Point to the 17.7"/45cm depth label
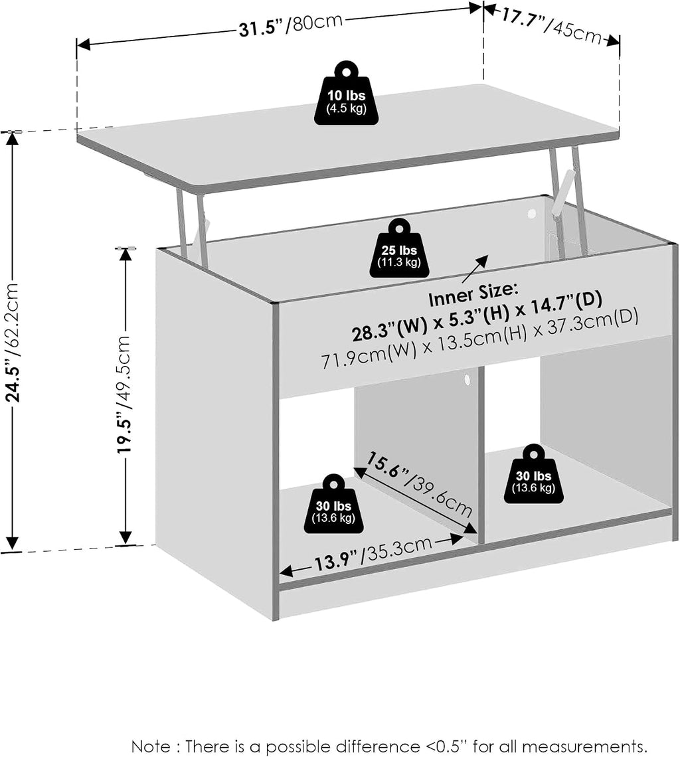click(x=551, y=27)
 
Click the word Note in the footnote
click(x=151, y=746)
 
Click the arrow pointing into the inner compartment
click(x=475, y=269)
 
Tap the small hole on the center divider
click(x=467, y=379)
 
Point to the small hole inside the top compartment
click(x=532, y=214)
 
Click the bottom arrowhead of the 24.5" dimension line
click(x=12, y=543)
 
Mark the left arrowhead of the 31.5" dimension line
click(x=84, y=45)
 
